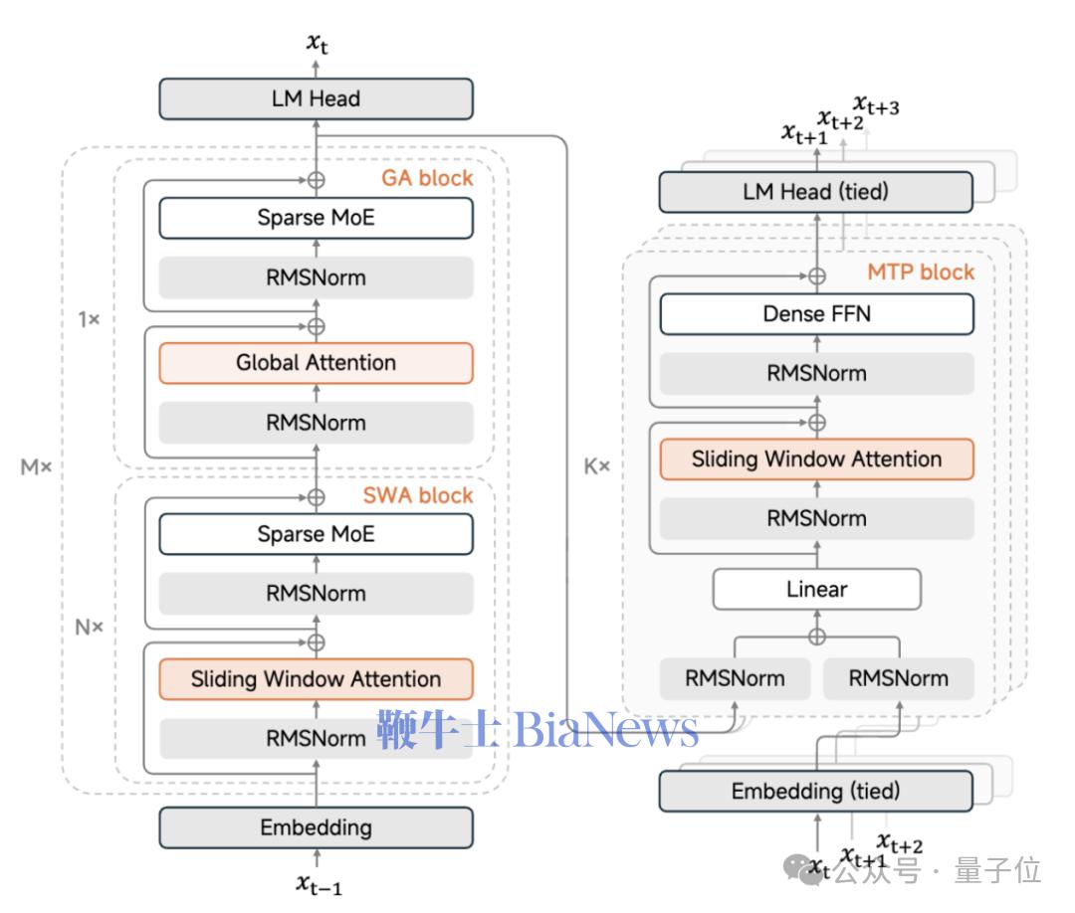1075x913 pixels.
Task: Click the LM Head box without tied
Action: coord(316,99)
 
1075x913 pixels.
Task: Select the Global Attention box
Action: coord(316,363)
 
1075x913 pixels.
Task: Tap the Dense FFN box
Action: coord(816,315)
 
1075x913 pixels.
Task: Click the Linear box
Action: coord(816,589)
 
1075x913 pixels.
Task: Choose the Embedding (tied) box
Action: coord(815,792)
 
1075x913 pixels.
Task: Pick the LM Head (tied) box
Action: coord(815,192)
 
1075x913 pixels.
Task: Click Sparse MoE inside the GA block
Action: coord(316,218)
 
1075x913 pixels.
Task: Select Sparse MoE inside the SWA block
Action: coord(316,534)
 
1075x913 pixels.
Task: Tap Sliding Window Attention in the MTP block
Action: coord(816,459)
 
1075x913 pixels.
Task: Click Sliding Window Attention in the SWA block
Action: coord(316,679)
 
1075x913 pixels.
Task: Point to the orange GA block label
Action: coord(427,179)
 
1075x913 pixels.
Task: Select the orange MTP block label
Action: coord(921,272)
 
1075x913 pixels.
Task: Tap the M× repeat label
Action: coord(36,466)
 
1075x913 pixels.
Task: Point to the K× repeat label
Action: coord(596,465)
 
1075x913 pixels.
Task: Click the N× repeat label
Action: coord(90,628)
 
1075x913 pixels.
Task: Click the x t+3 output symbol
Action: coord(876,104)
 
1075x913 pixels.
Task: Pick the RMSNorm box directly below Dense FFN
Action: coord(816,374)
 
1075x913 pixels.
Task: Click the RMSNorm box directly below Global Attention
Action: coord(316,423)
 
